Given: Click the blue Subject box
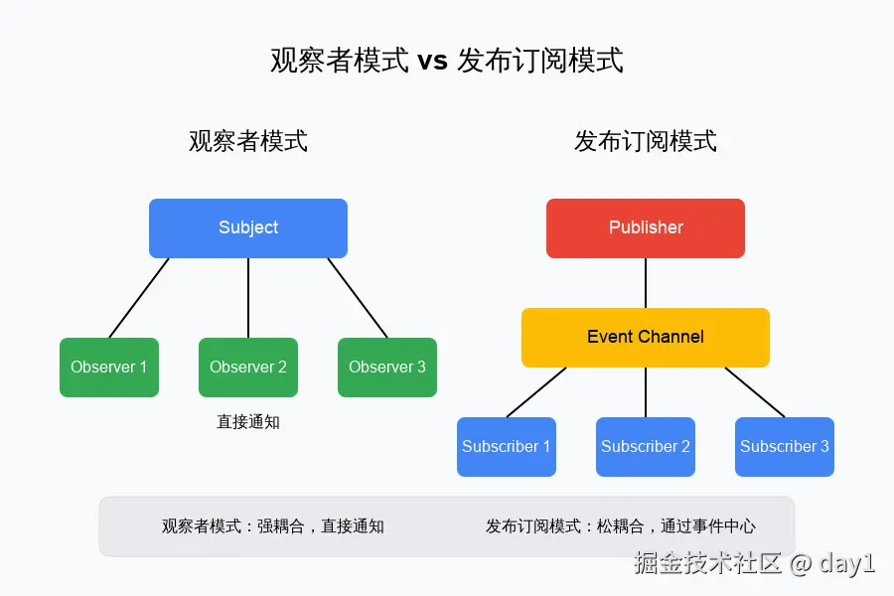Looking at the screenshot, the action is click(248, 228).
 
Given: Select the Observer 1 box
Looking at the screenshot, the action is click(109, 368).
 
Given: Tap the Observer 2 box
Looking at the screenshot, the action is click(248, 368).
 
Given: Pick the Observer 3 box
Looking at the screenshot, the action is click(387, 368).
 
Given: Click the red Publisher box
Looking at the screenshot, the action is click(646, 228).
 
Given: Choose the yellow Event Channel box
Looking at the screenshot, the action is click(646, 338).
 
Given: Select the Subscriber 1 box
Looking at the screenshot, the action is click(507, 447).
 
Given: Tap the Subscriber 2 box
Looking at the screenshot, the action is click(646, 447).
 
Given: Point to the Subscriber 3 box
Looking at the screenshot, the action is click(785, 447).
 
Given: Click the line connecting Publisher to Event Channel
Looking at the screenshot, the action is click(646, 283).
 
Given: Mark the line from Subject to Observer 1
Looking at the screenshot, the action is click(138, 298).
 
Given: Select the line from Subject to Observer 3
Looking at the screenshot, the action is click(358, 298).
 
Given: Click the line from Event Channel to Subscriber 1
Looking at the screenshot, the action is click(536, 392).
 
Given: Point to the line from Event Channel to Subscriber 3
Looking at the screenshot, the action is click(755, 392).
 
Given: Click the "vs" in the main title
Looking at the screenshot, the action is click(432, 61).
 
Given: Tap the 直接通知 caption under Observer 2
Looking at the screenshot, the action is click(248, 422).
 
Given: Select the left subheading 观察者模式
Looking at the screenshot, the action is click(248, 141).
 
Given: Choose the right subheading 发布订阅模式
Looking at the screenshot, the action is click(646, 141).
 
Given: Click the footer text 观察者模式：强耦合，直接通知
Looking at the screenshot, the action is click(273, 525).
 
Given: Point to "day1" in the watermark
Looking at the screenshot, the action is click(846, 563).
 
